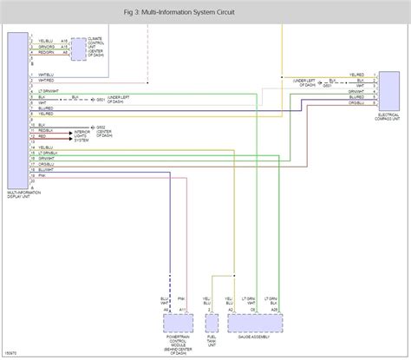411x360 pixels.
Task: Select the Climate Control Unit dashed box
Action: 79,50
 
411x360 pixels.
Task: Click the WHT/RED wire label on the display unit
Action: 44,82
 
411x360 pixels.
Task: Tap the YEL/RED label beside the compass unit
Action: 357,75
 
